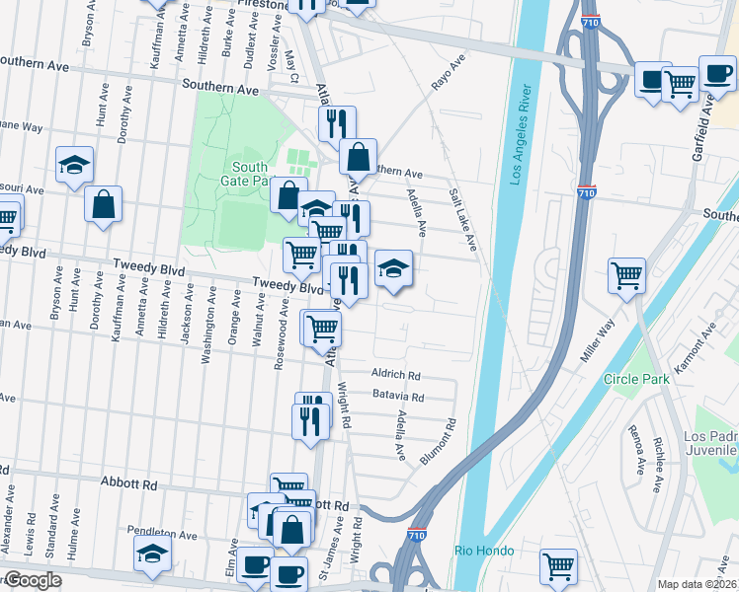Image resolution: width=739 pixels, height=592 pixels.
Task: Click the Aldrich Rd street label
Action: coord(396,375)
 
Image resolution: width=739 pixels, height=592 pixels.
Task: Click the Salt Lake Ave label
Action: coord(462,219)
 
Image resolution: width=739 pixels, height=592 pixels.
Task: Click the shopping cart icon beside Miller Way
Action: coord(626,275)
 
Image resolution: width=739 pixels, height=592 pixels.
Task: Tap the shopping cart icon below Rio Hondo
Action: coord(558,566)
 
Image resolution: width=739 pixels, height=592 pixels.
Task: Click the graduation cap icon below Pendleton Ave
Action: coord(152,554)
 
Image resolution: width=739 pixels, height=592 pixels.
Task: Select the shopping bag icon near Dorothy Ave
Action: coord(104,205)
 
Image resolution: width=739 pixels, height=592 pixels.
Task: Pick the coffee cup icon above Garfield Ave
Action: coord(716,73)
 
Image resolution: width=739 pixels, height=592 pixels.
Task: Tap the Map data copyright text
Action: coord(697,584)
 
